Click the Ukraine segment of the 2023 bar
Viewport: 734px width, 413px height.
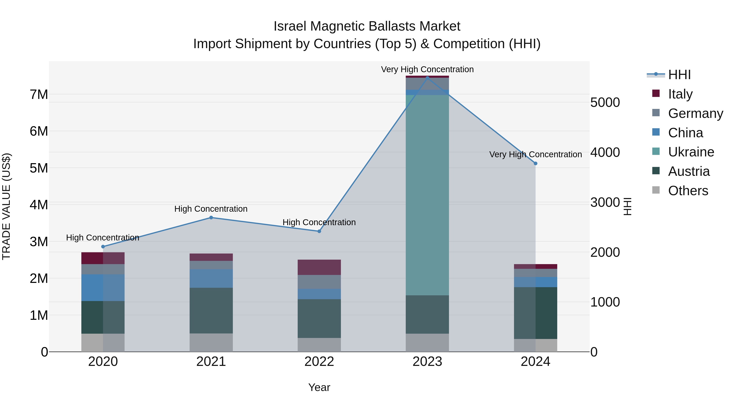pyautogui.click(x=427, y=195)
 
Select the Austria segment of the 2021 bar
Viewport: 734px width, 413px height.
pyautogui.click(x=211, y=310)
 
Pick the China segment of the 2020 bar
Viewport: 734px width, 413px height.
pyautogui.click(x=103, y=288)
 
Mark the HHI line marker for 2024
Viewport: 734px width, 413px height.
pyautogui.click(x=535, y=163)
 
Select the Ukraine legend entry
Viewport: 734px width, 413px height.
pyautogui.click(x=691, y=152)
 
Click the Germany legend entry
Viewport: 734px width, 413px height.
pyautogui.click(x=695, y=113)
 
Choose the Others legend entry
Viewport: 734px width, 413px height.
pyautogui.click(x=688, y=191)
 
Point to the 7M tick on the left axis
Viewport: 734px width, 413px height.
pyautogui.click(x=39, y=94)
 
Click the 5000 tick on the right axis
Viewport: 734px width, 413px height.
pyautogui.click(x=605, y=102)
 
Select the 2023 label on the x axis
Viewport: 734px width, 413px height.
pyautogui.click(x=427, y=362)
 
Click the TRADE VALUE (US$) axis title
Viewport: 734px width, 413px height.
pyautogui.click(x=6, y=206)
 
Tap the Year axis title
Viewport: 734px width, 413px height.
pyautogui.click(x=319, y=387)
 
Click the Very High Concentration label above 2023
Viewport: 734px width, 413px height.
pyautogui.click(x=427, y=69)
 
